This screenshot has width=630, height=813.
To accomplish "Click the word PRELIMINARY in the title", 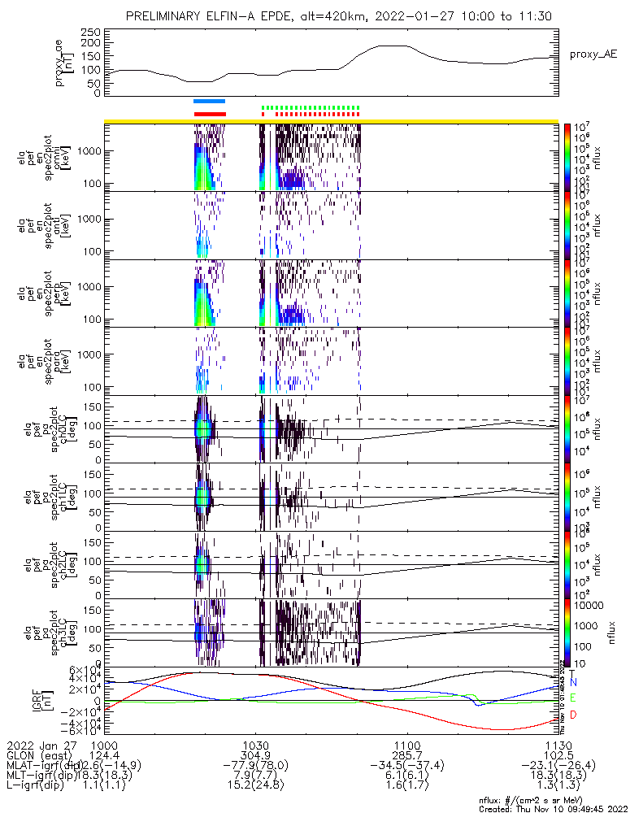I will [165, 16].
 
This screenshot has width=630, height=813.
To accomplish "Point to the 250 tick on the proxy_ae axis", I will [89, 32].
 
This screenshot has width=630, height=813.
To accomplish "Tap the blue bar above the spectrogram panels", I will [209, 101].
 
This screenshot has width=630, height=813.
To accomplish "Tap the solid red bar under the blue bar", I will [209, 114].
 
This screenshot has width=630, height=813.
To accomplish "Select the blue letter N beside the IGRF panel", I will [573, 682].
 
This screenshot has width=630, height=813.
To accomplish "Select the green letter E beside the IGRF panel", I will [573, 698].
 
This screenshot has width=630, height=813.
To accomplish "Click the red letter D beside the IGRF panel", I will [573, 715].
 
